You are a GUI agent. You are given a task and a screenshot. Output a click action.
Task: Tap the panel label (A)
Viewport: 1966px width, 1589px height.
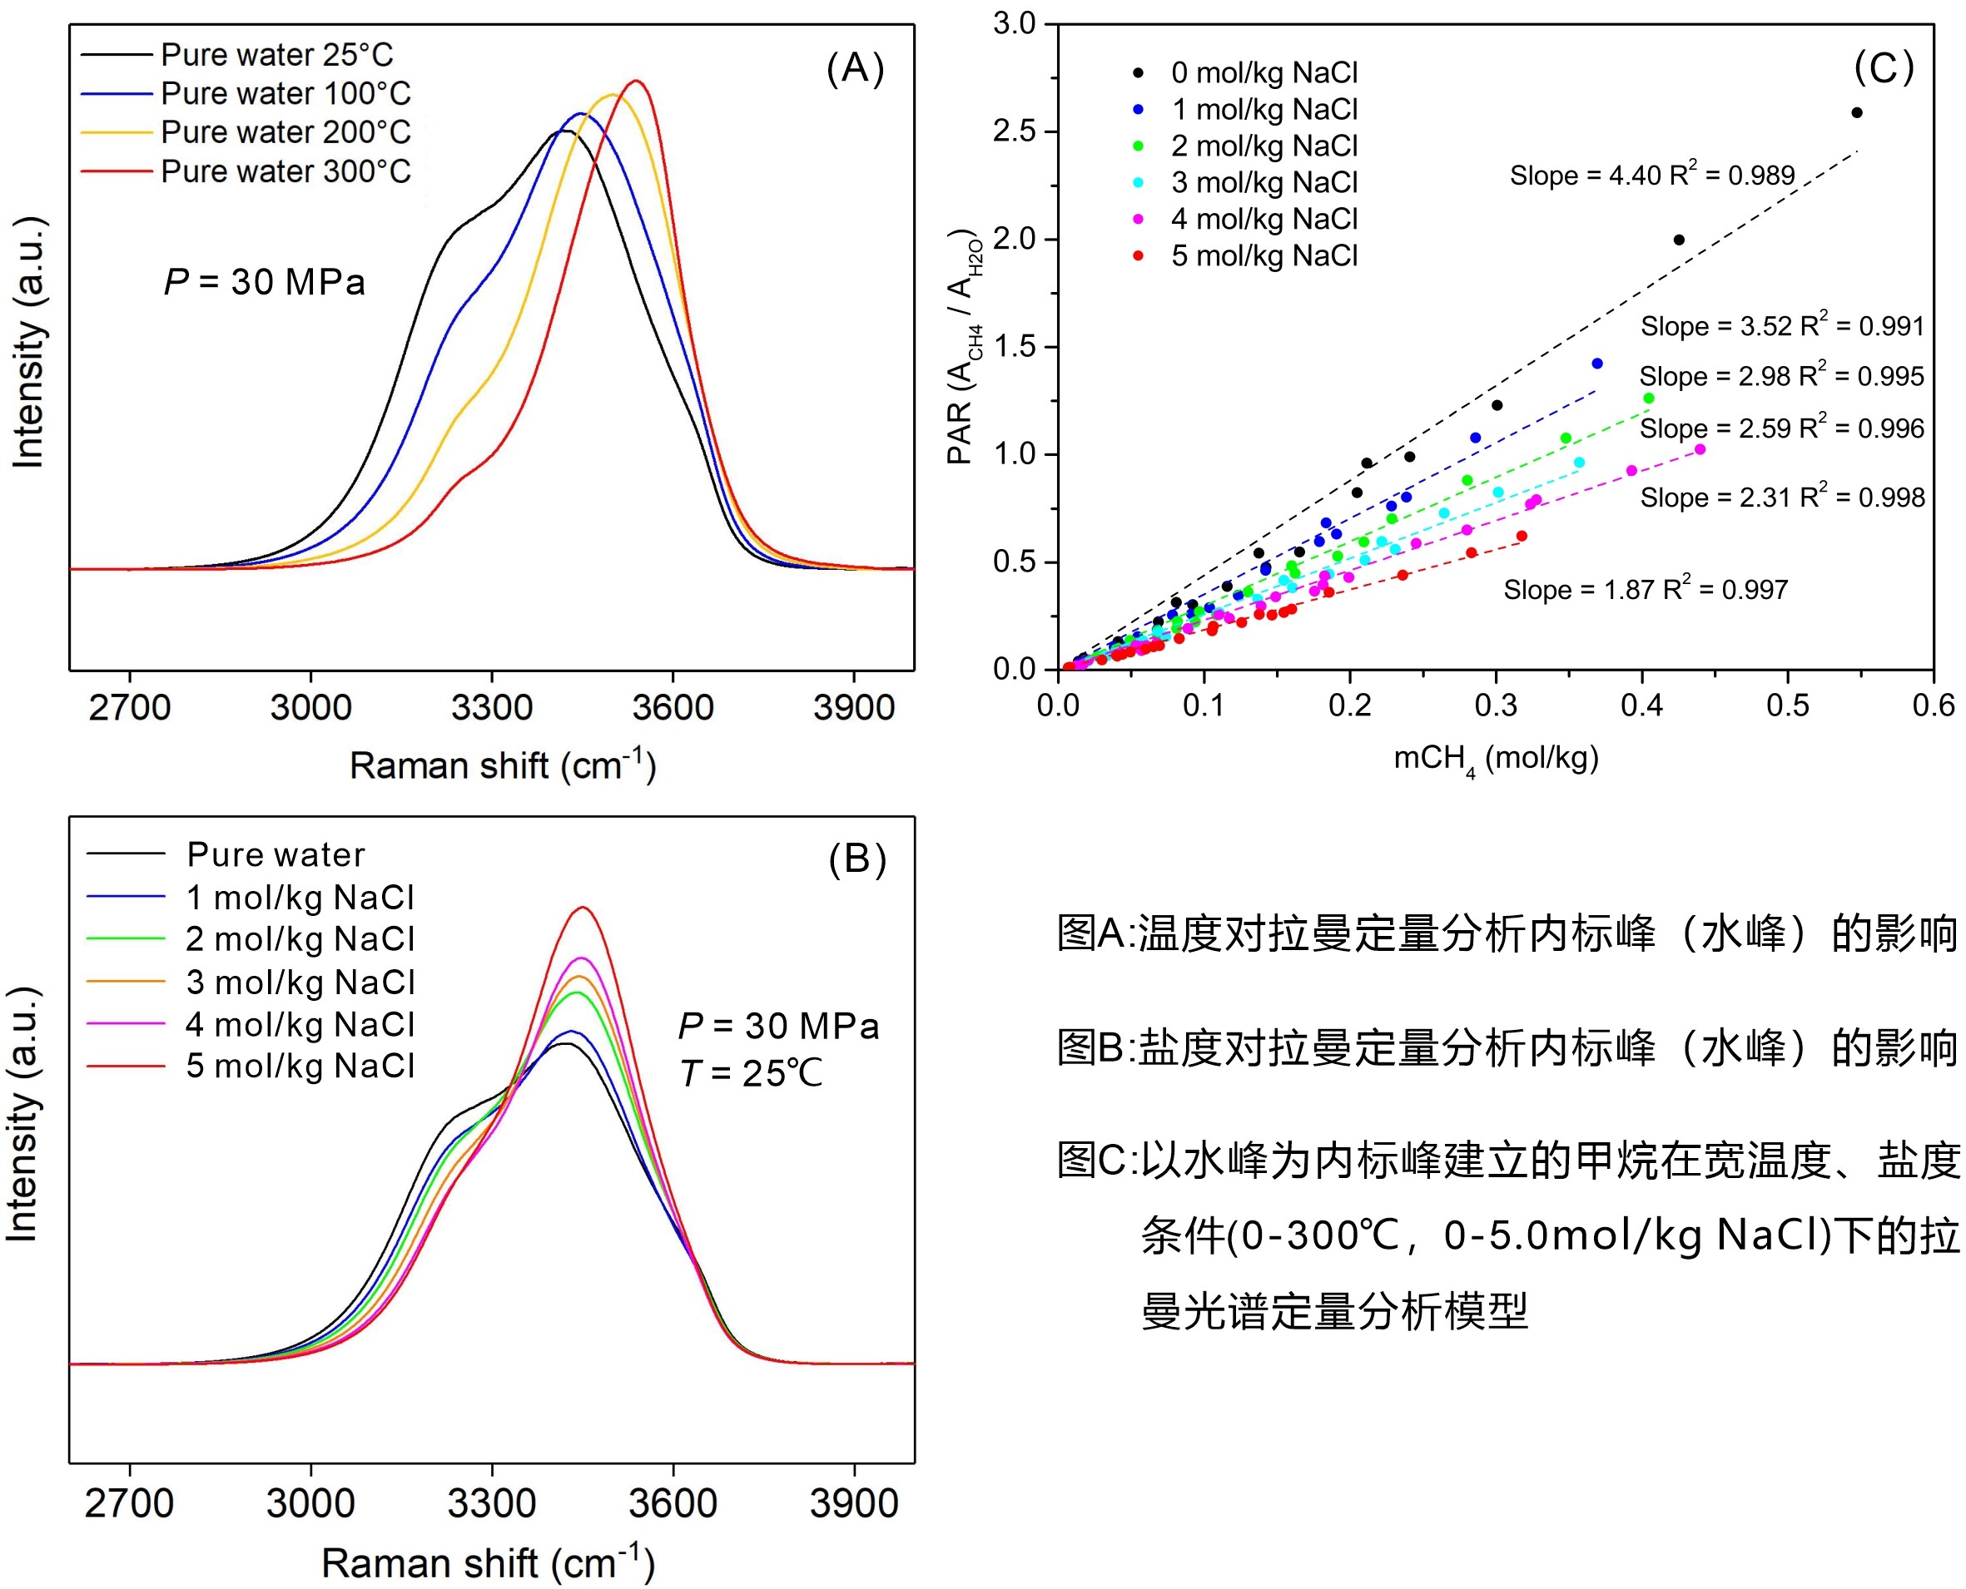point(854,69)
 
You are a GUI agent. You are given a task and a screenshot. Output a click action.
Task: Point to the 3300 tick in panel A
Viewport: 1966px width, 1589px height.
point(492,707)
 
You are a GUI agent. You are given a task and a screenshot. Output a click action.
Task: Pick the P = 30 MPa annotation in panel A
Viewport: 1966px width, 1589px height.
point(265,282)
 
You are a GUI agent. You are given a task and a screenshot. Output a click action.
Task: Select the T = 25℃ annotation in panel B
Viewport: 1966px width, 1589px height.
point(751,1074)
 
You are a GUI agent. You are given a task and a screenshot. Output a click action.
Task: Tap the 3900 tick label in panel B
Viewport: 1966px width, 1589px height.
point(853,1504)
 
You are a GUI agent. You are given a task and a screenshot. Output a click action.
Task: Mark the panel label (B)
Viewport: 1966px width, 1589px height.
point(857,859)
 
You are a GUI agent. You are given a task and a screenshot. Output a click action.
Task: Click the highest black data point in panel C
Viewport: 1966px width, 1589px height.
point(1856,112)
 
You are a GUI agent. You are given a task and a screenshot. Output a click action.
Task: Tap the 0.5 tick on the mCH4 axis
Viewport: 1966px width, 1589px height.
point(1786,705)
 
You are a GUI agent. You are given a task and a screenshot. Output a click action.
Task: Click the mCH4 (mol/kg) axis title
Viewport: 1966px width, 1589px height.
point(1496,759)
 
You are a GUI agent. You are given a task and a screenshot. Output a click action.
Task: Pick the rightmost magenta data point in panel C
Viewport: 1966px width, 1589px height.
point(1700,449)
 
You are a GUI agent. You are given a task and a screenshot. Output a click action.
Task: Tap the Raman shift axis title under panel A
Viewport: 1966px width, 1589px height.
point(502,766)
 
